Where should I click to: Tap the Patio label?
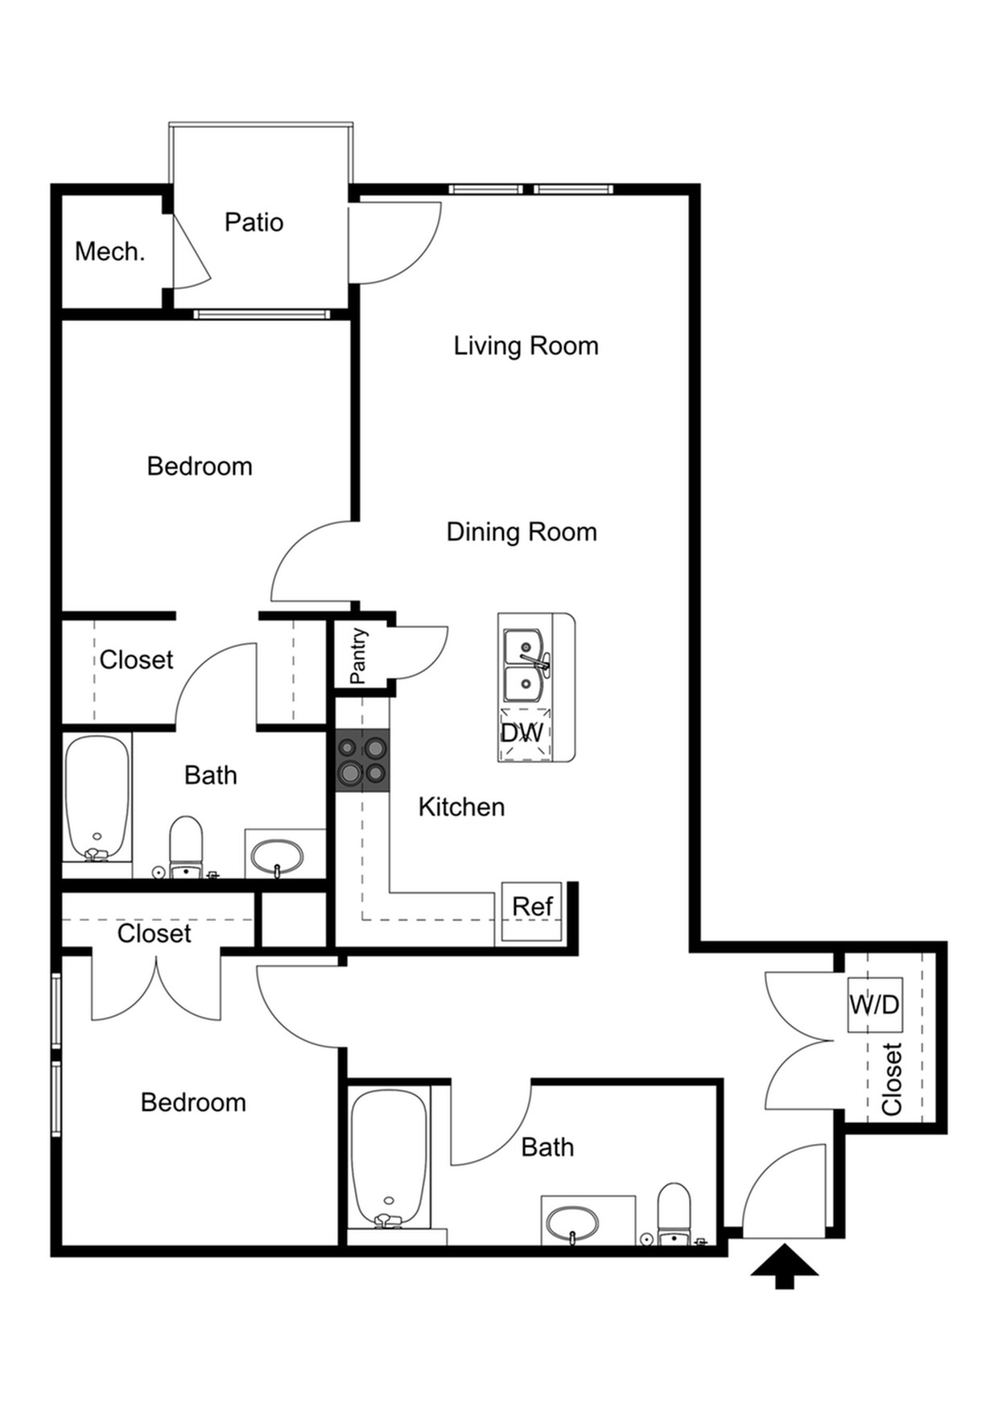coord(254,222)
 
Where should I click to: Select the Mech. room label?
coord(109,252)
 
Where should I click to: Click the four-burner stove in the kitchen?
coord(362,761)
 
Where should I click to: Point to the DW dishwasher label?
coord(522,733)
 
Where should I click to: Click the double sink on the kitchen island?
coord(524,666)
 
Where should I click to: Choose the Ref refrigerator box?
coord(532,910)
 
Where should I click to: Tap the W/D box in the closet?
coord(874,1005)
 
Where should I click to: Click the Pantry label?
coord(359,655)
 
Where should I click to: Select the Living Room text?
coord(526,346)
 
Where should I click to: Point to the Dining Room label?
coord(522,532)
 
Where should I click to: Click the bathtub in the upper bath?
coord(97,797)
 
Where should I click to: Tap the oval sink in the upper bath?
coord(276,857)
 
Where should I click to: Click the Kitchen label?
coord(461,807)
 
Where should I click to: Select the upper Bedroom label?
coord(200,466)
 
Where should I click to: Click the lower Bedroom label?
coord(193,1102)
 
